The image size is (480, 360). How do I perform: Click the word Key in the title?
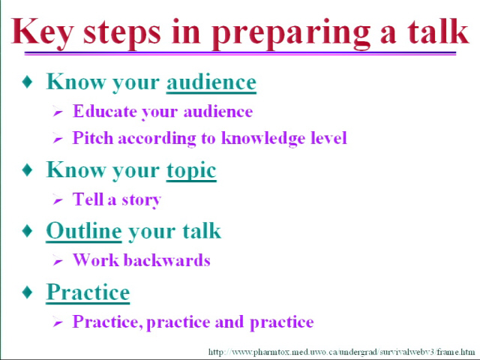[x=43, y=33]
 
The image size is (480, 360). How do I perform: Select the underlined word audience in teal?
[x=211, y=82]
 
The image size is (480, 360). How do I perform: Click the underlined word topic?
[x=191, y=171]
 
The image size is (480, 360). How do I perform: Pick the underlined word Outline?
[x=84, y=230]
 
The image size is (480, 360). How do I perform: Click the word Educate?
[x=104, y=111]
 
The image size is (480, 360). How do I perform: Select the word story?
[x=142, y=200]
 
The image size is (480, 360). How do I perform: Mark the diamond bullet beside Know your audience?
[x=28, y=82]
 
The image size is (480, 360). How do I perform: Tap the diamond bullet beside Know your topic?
[x=28, y=170]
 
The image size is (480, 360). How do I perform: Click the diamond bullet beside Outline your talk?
[x=28, y=231]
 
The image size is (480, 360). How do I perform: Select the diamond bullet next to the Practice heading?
[x=28, y=292]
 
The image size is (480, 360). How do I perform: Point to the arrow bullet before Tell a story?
[x=58, y=200]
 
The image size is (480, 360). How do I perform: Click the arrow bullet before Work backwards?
[x=58, y=261]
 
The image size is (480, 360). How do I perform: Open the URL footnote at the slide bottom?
[x=342, y=352]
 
